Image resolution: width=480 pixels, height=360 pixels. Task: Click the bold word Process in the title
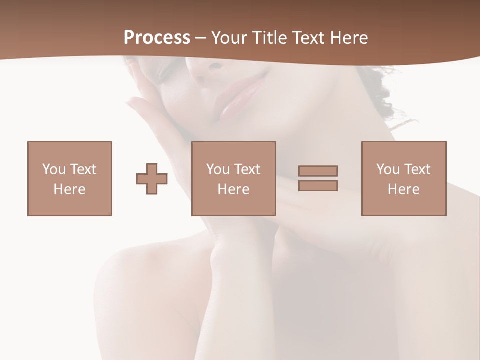(x=157, y=38)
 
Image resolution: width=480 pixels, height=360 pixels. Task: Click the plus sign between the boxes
(x=152, y=179)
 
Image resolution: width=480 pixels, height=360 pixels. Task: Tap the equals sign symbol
(x=318, y=178)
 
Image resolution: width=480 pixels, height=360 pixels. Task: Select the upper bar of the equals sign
(x=318, y=171)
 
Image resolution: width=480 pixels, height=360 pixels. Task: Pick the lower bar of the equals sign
(x=318, y=186)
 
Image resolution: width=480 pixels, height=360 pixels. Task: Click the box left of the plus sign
(x=70, y=178)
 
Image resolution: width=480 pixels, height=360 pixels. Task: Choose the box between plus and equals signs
(x=233, y=178)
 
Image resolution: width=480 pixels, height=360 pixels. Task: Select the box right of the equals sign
(x=403, y=178)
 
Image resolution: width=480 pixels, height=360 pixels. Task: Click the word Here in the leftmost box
(x=70, y=189)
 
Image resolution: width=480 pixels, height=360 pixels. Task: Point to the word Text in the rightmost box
(x=417, y=169)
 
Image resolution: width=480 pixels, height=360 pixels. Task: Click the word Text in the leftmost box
(x=83, y=169)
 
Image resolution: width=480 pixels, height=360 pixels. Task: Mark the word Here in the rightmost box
(x=403, y=189)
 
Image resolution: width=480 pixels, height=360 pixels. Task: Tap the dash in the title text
(x=201, y=38)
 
